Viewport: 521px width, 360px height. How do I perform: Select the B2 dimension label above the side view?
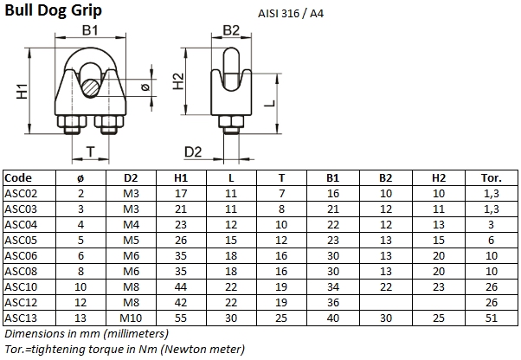[x=229, y=31]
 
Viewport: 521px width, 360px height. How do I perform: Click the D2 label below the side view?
[x=193, y=152]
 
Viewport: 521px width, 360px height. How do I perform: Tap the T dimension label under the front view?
[x=89, y=151]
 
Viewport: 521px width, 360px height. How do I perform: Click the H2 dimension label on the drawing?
[x=178, y=81]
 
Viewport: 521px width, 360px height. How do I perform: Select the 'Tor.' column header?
[x=490, y=177]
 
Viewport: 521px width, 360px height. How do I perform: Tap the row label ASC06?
[x=21, y=255]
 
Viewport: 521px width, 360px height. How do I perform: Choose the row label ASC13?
[x=21, y=318]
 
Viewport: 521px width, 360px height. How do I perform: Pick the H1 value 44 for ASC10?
[x=180, y=286]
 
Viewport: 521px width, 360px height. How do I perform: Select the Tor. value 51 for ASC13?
[x=490, y=318]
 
